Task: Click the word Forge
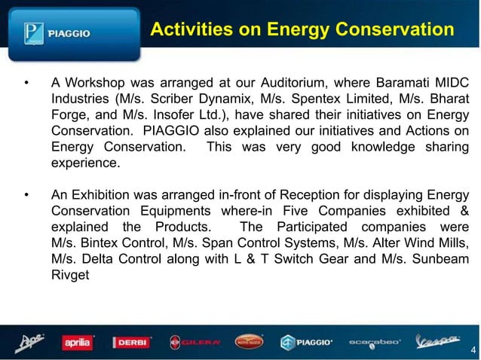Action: tap(69, 115)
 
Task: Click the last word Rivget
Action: tap(70, 276)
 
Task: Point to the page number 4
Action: tap(471, 349)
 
